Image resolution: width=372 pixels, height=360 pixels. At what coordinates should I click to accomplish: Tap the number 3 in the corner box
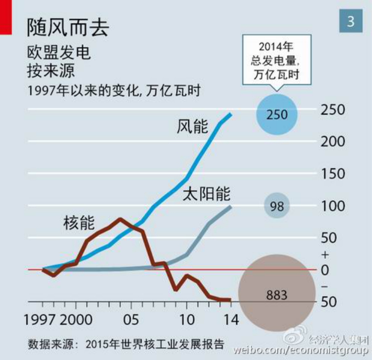click(350, 21)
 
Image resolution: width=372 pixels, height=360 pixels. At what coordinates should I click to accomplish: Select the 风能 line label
click(192, 127)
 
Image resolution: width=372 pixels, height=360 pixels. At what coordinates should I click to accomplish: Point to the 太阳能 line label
click(206, 194)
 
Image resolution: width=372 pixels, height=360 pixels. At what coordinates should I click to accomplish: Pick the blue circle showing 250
click(277, 115)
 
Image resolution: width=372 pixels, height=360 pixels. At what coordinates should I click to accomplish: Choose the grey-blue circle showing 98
click(277, 206)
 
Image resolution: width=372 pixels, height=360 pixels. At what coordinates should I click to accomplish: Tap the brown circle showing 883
click(277, 294)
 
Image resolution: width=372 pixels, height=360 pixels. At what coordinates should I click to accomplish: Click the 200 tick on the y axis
click(333, 141)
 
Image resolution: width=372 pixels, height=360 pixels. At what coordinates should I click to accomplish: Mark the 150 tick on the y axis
click(333, 174)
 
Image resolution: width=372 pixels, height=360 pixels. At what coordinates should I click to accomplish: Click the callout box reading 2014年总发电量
click(277, 61)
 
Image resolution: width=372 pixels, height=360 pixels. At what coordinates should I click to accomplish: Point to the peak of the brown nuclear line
click(120, 219)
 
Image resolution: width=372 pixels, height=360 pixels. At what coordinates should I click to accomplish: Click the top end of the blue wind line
click(230, 114)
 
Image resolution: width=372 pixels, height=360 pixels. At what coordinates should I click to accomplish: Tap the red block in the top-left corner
click(6, 17)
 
